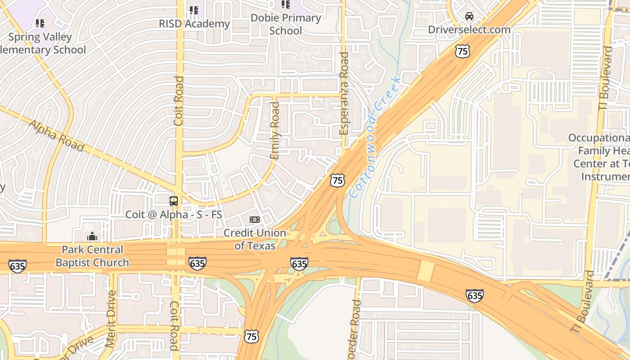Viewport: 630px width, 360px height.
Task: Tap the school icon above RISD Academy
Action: pyautogui.click(x=194, y=10)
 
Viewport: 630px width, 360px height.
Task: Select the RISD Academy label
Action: pyautogui.click(x=194, y=23)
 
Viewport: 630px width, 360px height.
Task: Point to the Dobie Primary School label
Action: pyautogui.click(x=286, y=24)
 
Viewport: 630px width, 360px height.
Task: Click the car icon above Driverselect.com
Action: pyautogui.click(x=469, y=16)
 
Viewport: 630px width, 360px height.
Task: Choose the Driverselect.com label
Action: pyautogui.click(x=469, y=30)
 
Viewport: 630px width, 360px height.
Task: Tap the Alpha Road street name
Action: pyautogui.click(x=56, y=135)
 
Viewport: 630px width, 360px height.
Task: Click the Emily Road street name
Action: pyautogui.click(x=274, y=130)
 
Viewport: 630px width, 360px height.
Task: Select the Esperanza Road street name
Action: pyautogui.click(x=344, y=93)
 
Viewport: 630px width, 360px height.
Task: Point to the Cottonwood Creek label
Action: pyautogui.click(x=375, y=137)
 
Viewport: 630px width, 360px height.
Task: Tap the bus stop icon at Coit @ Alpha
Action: pyautogui.click(x=174, y=201)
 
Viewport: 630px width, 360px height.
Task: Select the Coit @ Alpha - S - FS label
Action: pyautogui.click(x=174, y=214)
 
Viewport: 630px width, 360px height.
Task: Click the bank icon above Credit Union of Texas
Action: pyautogui.click(x=255, y=220)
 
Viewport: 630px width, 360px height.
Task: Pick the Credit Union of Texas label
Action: pyautogui.click(x=255, y=239)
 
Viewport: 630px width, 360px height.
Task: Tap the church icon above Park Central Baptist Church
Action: pyautogui.click(x=92, y=236)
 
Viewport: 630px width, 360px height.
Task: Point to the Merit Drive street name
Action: pyautogui.click(x=111, y=319)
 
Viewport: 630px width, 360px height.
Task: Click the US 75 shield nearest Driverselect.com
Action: pyautogui.click(x=462, y=51)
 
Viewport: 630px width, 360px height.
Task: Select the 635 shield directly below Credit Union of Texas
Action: pyautogui.click(x=299, y=263)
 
